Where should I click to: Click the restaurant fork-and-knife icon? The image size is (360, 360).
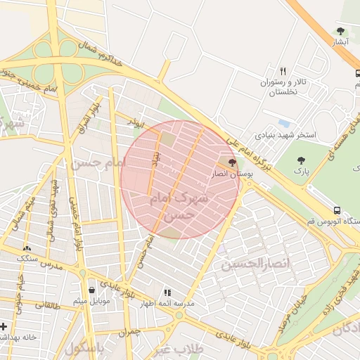283,71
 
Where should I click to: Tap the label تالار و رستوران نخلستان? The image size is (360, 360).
284,87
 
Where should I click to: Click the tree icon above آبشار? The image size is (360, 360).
341,31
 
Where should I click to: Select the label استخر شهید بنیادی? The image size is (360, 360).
285,134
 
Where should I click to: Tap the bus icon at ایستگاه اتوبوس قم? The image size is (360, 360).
337,210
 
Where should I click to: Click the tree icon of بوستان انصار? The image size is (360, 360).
233,162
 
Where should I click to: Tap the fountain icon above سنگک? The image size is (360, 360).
27,248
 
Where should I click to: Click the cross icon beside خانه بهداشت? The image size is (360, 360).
5,327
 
